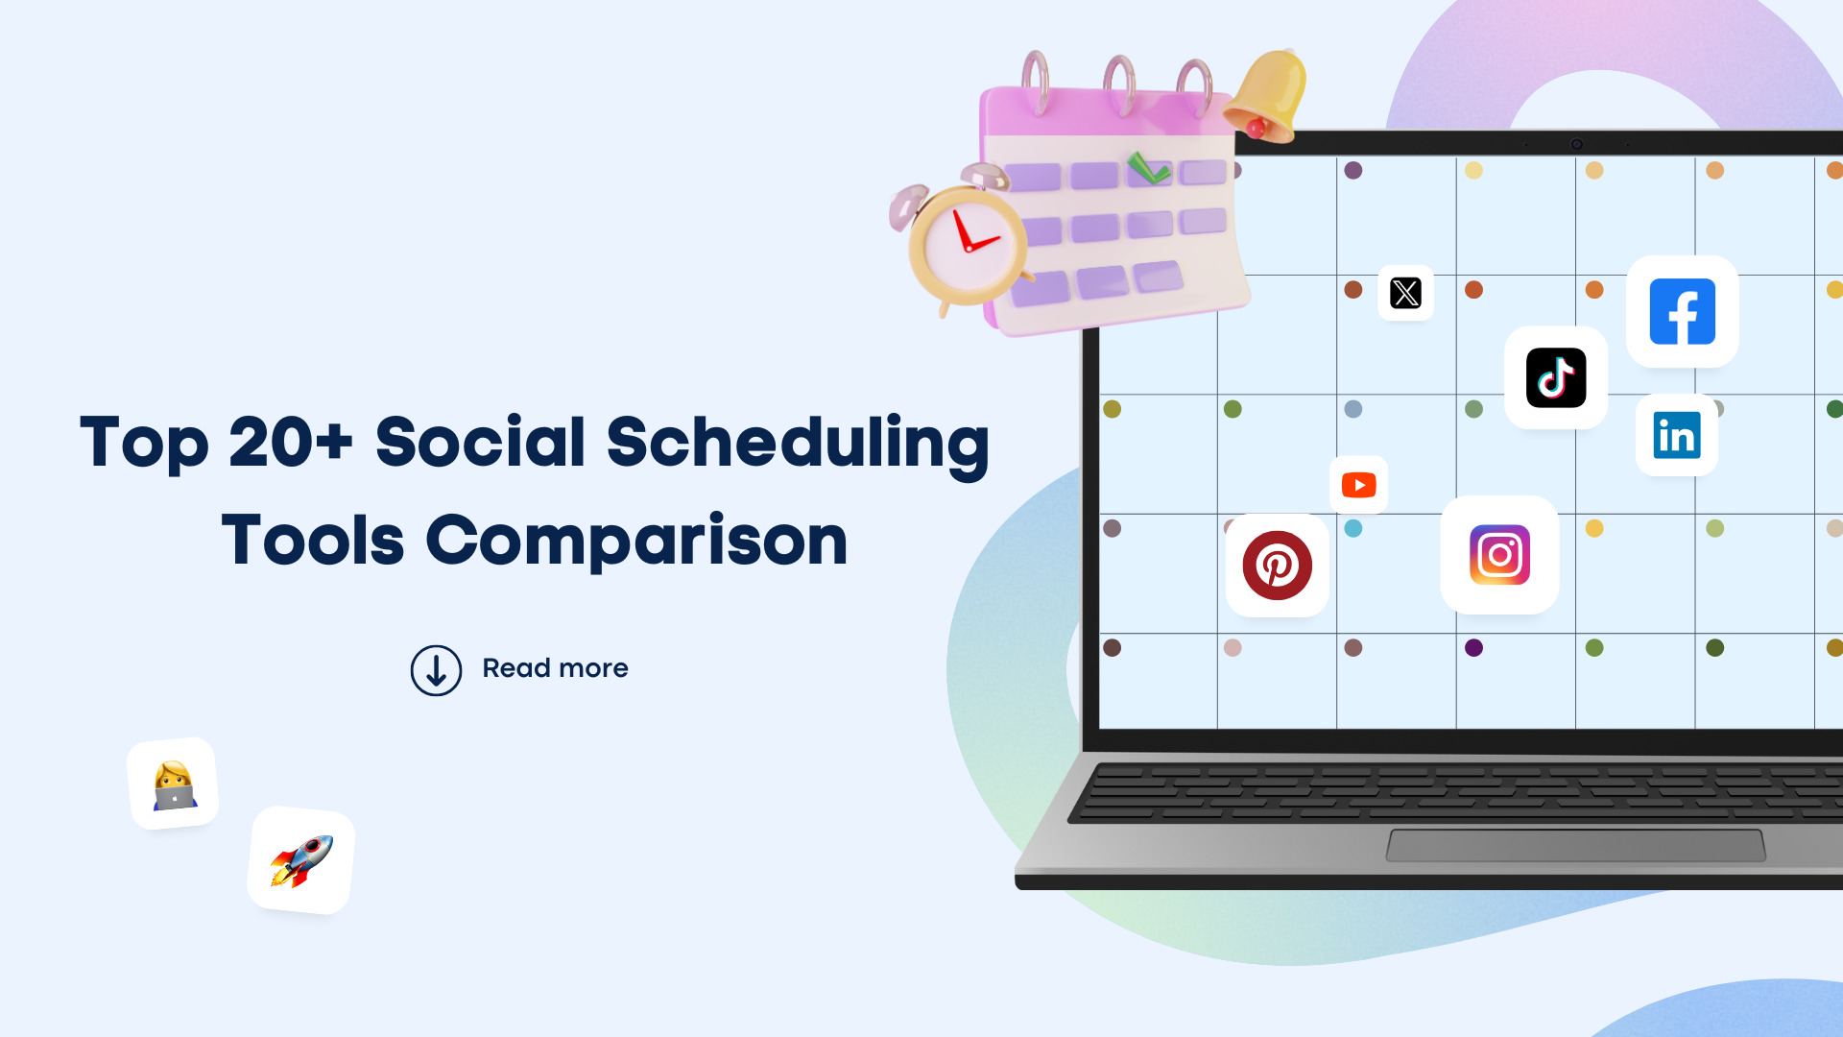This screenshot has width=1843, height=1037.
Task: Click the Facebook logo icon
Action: [1682, 311]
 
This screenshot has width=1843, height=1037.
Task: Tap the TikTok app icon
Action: [1555, 377]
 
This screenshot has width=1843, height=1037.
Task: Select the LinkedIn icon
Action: [1676, 435]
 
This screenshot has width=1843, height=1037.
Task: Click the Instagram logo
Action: [1499, 555]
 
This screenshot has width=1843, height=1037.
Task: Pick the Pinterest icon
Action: [1277, 566]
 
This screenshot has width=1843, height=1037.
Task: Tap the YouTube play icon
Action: [1358, 485]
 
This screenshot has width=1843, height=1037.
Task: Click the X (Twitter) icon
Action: [1405, 293]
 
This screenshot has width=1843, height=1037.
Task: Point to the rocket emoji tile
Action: [301, 860]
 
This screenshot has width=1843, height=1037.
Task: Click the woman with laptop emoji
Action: [174, 784]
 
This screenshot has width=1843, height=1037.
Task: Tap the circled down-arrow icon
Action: [436, 670]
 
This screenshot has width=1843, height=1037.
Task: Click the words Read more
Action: [555, 668]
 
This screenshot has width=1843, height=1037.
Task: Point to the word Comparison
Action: [636, 541]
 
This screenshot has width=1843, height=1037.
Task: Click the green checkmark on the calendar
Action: [1148, 169]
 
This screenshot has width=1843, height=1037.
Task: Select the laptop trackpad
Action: [1575, 845]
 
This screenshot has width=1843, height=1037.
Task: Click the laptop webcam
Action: [1576, 144]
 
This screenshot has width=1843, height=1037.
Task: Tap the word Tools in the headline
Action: [313, 541]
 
